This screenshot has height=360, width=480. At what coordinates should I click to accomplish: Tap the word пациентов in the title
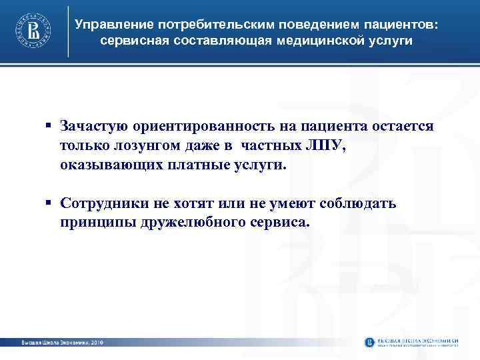(399, 25)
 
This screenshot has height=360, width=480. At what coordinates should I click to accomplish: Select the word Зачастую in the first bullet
(91, 126)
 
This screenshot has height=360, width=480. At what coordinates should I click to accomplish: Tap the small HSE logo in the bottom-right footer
(371, 342)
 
